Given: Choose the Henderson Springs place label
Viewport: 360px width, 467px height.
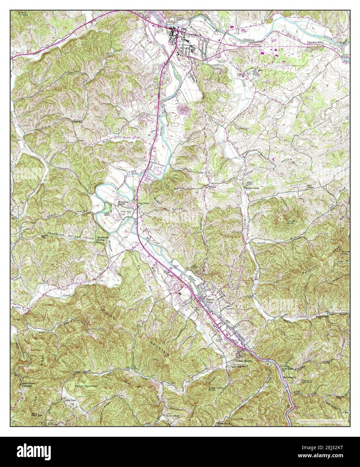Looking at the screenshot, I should [x=102, y=239].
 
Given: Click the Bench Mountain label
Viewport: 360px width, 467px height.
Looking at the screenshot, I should [x=86, y=386].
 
